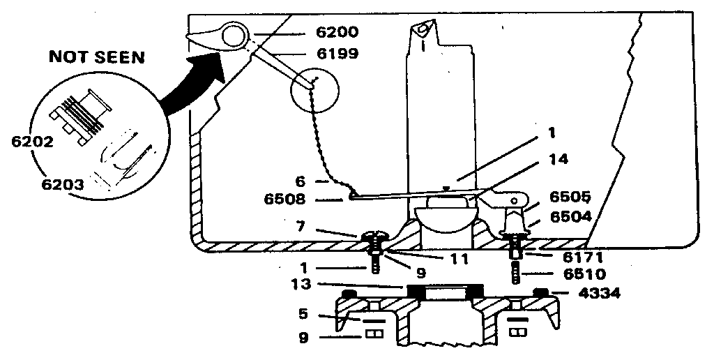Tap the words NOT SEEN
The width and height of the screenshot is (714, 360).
coord(96,58)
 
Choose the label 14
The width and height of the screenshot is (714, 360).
coord(558,159)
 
